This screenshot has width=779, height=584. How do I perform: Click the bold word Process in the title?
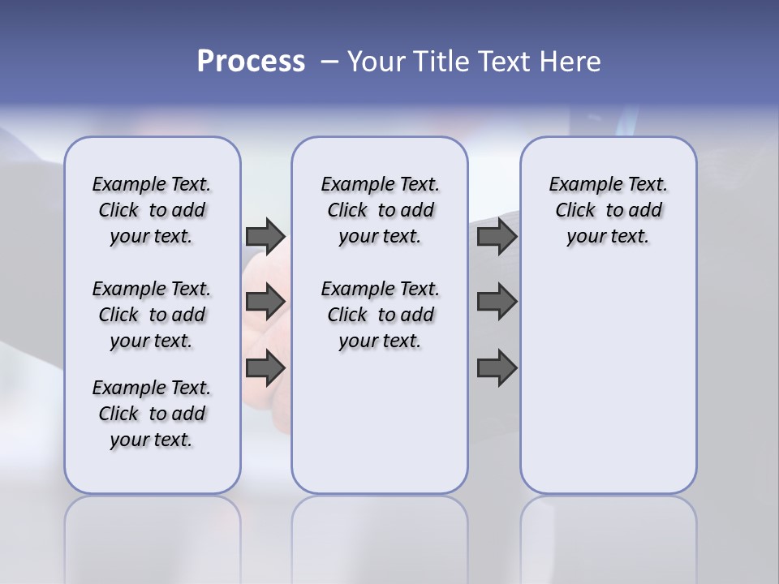pyautogui.click(x=251, y=62)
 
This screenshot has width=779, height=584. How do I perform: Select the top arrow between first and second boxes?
pyautogui.click(x=265, y=236)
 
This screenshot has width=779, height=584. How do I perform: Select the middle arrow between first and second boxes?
pyautogui.click(x=265, y=302)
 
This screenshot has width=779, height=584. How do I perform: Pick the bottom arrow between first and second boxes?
pyautogui.click(x=265, y=368)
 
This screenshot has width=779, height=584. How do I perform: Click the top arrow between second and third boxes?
pyautogui.click(x=497, y=236)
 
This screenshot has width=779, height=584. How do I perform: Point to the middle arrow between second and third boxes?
pyautogui.click(x=497, y=302)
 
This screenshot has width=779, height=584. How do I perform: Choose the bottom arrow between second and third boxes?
pyautogui.click(x=497, y=368)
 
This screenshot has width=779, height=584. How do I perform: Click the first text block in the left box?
pyautogui.click(x=152, y=210)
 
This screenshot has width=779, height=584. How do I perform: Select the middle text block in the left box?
pyautogui.click(x=152, y=315)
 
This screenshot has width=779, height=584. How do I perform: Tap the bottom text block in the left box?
pyautogui.click(x=152, y=414)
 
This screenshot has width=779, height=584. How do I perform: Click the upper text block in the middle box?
pyautogui.click(x=380, y=210)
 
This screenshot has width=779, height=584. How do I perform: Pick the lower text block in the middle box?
pyautogui.click(x=380, y=315)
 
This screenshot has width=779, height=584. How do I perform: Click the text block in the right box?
pyautogui.click(x=608, y=210)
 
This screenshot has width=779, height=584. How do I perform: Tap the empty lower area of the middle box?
pyautogui.click(x=380, y=422)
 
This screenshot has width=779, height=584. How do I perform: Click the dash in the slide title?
pyautogui.click(x=329, y=62)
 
